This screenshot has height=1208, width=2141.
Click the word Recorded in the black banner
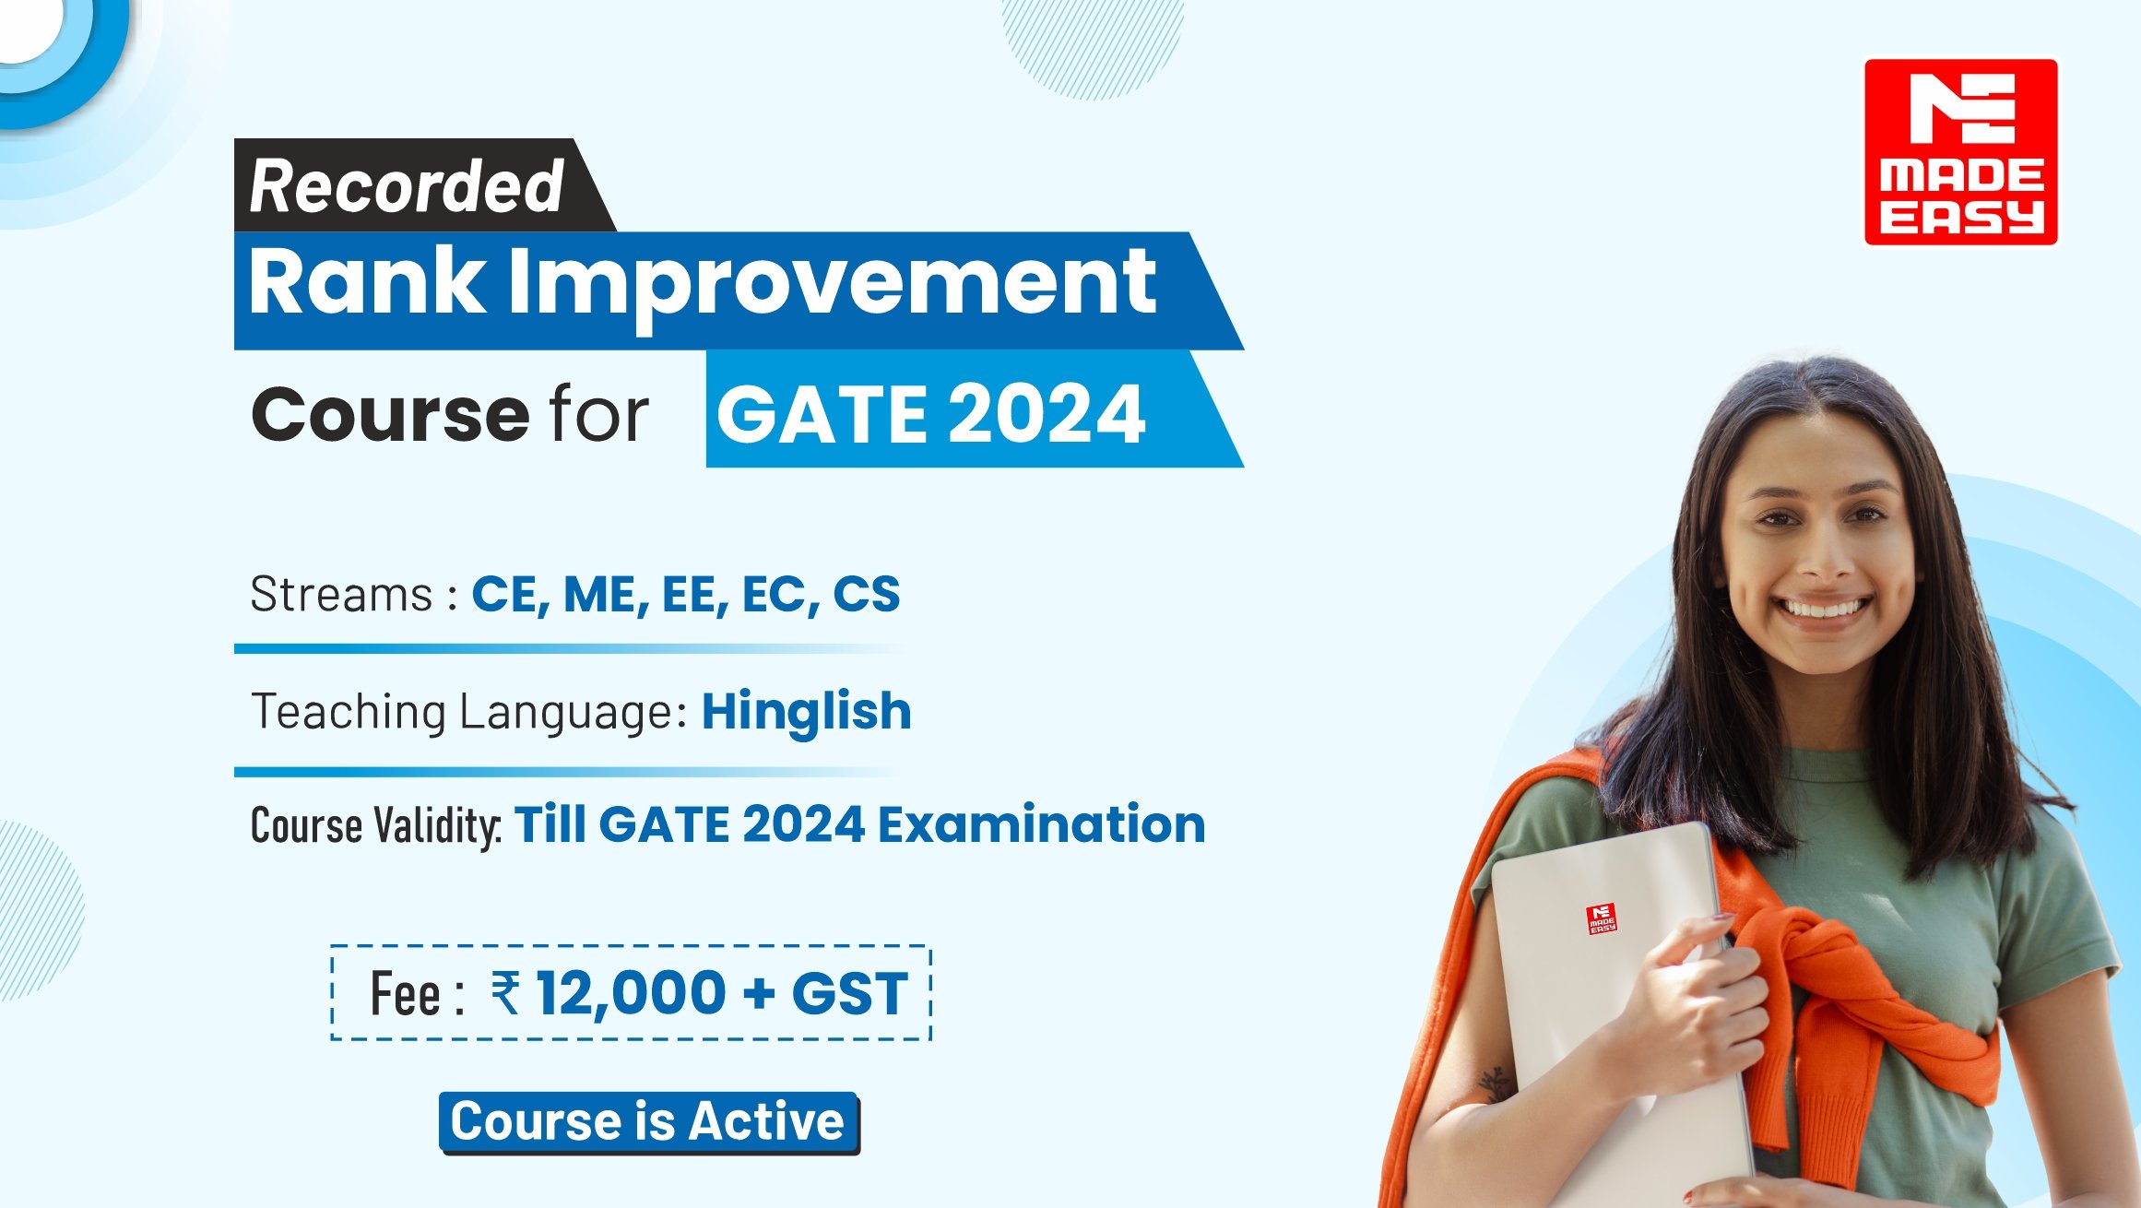pos(407,186)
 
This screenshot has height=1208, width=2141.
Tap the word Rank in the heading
pos(366,281)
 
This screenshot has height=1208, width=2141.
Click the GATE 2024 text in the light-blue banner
pos(931,414)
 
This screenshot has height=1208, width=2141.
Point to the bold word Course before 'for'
pos(390,414)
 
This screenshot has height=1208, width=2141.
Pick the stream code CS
pos(866,594)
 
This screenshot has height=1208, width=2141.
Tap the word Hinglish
pos(807,712)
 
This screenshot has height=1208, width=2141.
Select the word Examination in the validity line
pos(1041,823)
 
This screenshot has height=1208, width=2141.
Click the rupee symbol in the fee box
pos(505,993)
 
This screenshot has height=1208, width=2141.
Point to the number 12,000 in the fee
pos(632,994)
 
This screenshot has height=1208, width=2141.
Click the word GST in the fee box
pos(849,993)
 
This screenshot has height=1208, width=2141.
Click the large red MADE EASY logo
pos(1961,152)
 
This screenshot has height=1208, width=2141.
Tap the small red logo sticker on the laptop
pos(1602,918)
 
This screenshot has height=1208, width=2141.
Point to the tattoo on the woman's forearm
pos(1495,1084)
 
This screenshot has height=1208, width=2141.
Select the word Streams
pos(341,595)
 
